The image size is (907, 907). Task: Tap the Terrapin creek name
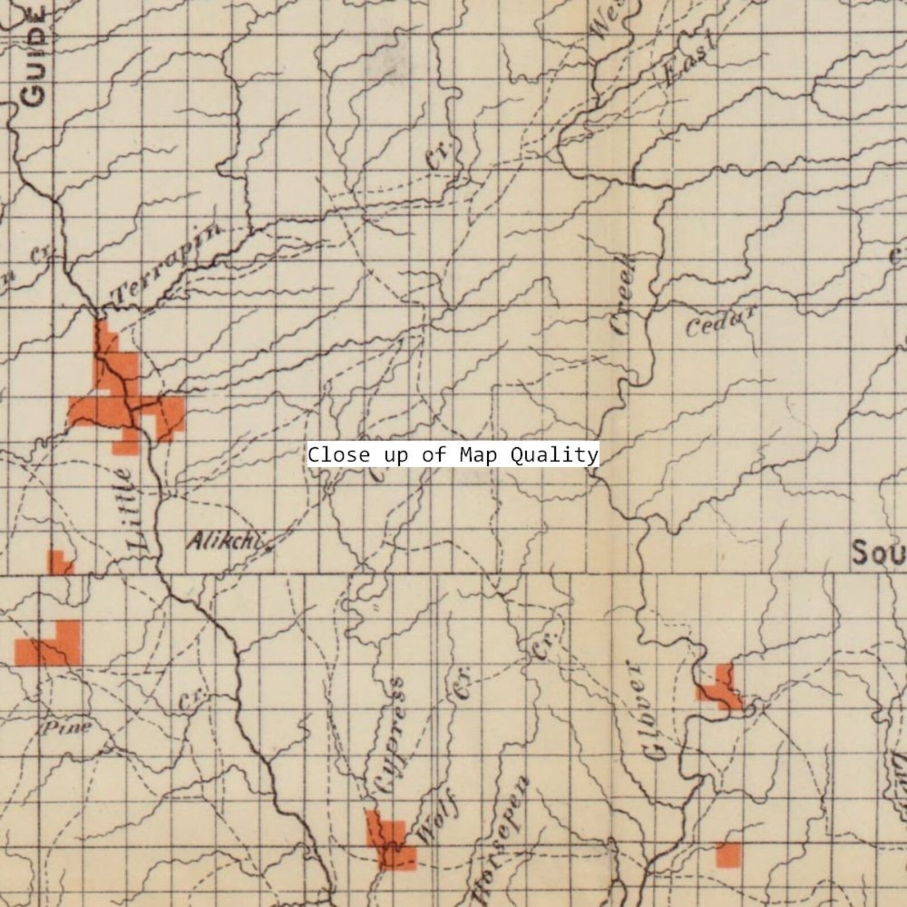tap(166, 264)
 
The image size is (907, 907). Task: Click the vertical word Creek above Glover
tap(624, 295)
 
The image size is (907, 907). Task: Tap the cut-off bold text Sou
tap(877, 553)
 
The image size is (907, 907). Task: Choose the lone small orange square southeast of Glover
tap(728, 854)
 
